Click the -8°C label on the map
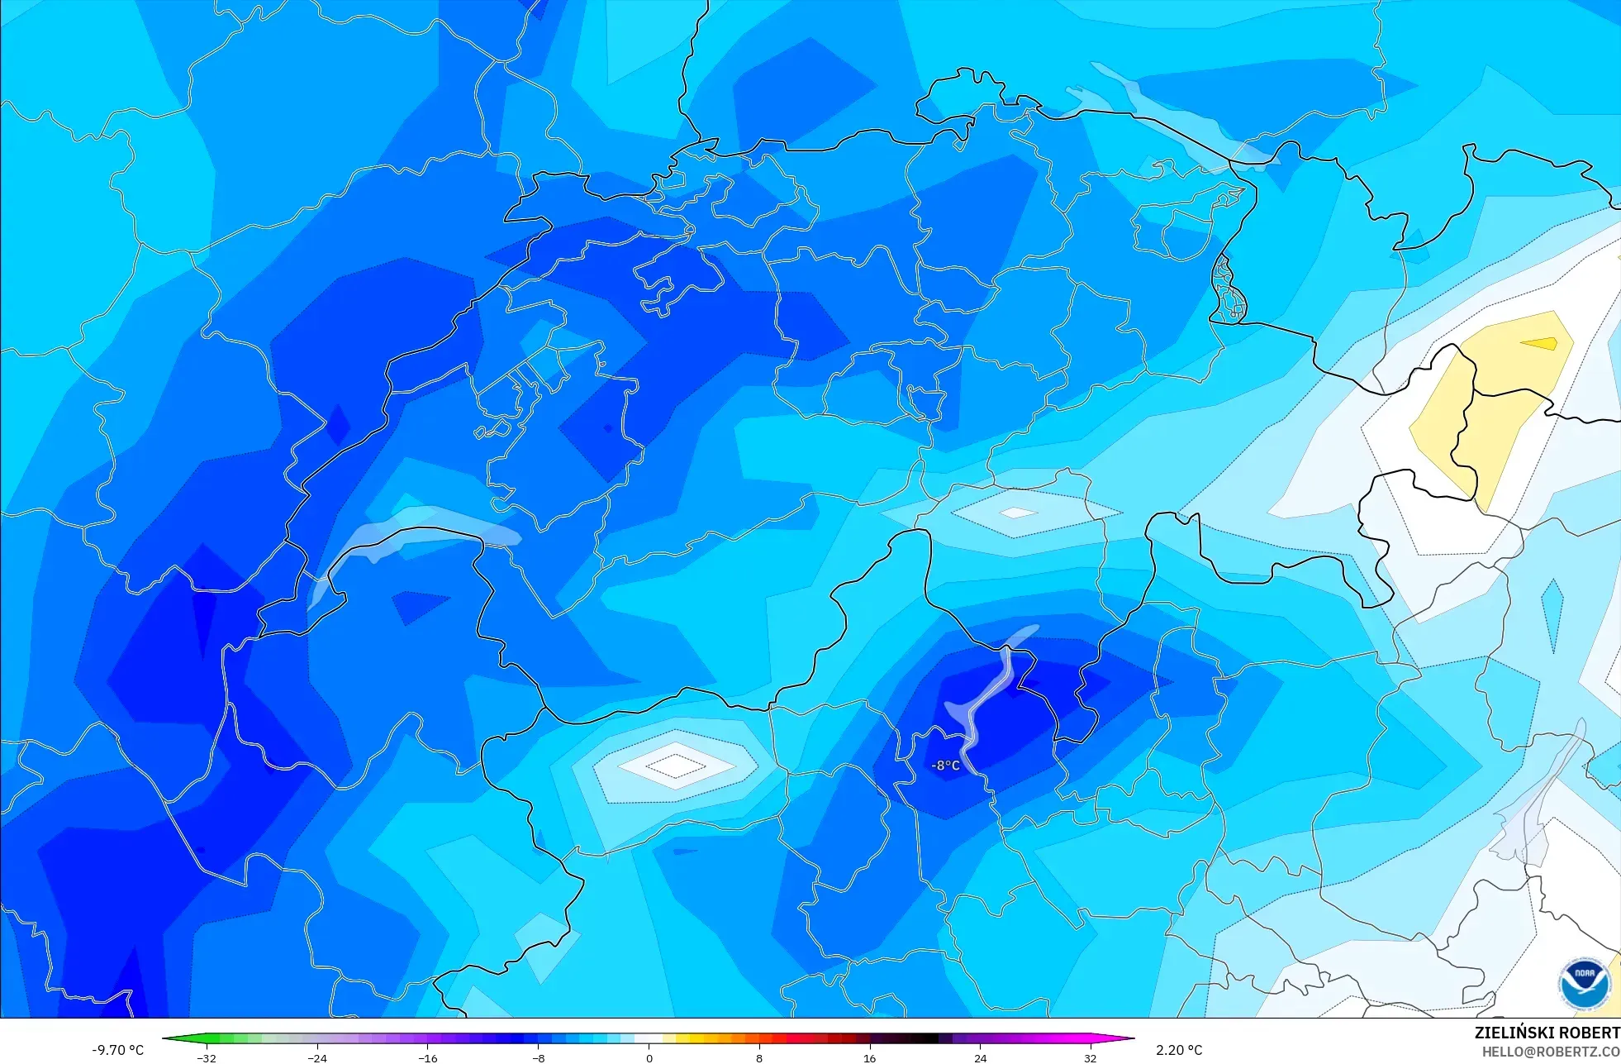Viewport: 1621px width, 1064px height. pos(946,766)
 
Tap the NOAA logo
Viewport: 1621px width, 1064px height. pos(1585,984)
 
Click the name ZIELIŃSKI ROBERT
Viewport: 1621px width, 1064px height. pos(1547,1033)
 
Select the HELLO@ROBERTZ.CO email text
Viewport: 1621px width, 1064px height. pos(1550,1052)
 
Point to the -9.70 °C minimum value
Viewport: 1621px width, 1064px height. pos(117,1050)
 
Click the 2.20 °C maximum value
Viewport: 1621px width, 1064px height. pos(1179,1050)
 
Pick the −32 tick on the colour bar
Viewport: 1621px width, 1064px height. pos(207,1057)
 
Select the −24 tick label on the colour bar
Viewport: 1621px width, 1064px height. pos(317,1057)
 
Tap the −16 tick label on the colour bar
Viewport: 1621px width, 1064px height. pos(427,1057)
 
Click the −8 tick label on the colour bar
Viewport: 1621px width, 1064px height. pos(538,1057)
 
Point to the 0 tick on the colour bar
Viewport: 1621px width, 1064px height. pos(649,1057)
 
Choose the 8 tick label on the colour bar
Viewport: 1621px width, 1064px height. pos(759,1057)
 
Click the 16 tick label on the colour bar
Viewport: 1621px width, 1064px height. pos(869,1057)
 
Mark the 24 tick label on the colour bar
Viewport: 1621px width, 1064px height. pos(980,1057)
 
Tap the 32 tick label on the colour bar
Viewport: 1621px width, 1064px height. pos(1091,1057)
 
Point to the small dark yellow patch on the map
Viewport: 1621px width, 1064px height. pos(1539,344)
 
